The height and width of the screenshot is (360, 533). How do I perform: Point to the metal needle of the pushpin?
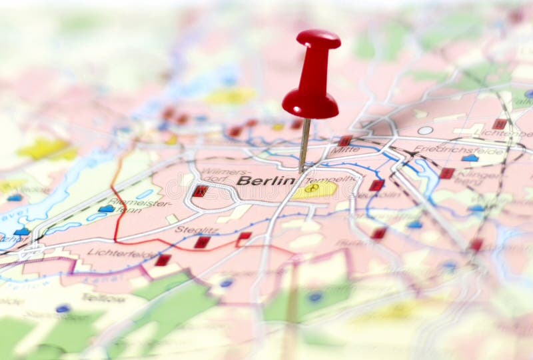[x=304, y=143]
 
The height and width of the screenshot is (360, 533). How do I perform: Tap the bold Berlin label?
[x=265, y=181]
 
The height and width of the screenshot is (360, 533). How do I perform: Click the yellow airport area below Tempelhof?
[x=315, y=190]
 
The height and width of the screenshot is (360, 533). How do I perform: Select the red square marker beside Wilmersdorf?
[x=200, y=191]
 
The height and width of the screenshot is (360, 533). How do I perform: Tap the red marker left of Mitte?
[x=344, y=141]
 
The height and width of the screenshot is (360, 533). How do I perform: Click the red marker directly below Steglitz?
[x=202, y=242]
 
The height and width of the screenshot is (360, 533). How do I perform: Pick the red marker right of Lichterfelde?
[x=163, y=260]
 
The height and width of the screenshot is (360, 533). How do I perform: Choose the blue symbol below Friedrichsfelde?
[x=470, y=159]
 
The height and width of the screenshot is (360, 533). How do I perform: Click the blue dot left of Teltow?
[x=63, y=309]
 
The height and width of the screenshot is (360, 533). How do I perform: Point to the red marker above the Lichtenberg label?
[x=499, y=124]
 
